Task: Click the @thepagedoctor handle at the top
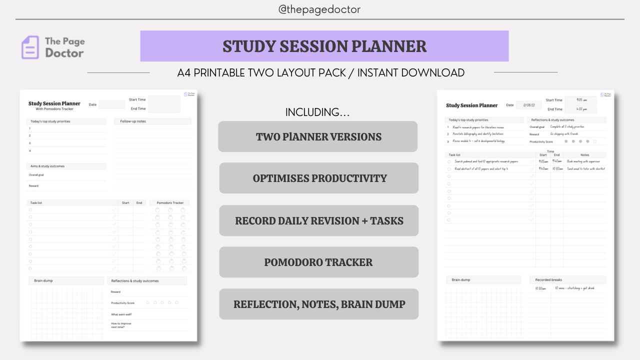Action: (319, 9)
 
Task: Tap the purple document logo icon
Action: (30, 47)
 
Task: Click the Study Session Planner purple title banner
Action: (324, 46)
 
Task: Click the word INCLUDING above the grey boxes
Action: (317, 112)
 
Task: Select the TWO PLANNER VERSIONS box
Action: (318, 136)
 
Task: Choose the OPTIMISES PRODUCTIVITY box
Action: (319, 178)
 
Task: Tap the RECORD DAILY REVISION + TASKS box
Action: (319, 220)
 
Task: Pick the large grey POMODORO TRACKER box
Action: (319, 262)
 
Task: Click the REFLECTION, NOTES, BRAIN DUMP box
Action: (319, 304)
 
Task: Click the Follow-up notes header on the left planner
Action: (133, 121)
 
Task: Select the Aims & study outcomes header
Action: (47, 166)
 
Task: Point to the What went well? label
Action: (121, 314)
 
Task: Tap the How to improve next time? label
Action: (121, 325)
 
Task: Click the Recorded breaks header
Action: (548, 280)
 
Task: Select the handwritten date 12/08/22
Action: (528, 105)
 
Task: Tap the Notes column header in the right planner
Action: (585, 155)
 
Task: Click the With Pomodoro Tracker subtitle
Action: (54, 108)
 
